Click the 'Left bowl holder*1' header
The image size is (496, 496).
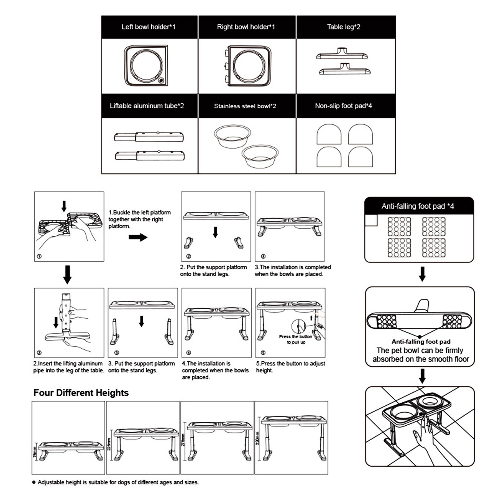click(148, 27)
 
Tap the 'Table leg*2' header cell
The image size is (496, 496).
click(343, 27)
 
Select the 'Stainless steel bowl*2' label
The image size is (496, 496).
click(245, 106)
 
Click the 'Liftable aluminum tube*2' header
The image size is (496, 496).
click(147, 106)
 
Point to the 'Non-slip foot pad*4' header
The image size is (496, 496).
click(343, 106)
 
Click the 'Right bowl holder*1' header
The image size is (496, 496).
click(246, 27)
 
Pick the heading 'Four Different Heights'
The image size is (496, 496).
click(81, 393)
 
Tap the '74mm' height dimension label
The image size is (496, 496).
click(35, 452)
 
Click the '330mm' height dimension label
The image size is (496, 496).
click(257, 438)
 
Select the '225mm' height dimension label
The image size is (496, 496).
click(109, 445)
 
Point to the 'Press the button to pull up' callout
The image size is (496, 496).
click(296, 339)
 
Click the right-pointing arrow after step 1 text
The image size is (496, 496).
click(138, 237)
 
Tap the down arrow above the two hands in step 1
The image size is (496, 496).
click(64, 206)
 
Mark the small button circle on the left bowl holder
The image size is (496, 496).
click(161, 80)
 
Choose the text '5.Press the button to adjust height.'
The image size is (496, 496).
click(290, 367)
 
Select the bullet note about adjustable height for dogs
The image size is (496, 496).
click(118, 482)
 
